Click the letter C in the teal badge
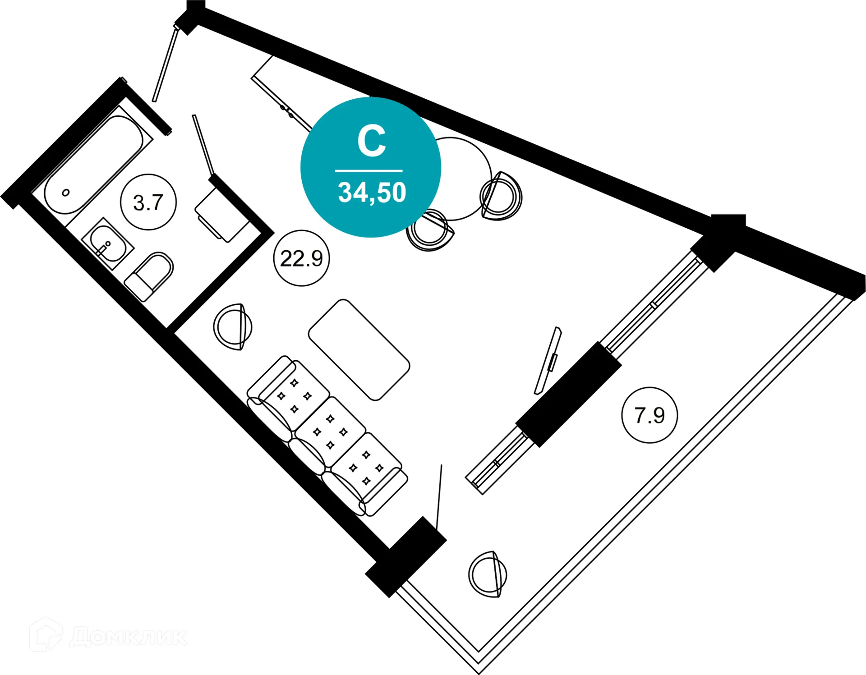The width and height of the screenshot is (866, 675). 371,141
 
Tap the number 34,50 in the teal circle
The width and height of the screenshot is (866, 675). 372,193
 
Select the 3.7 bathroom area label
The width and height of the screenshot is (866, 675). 148,202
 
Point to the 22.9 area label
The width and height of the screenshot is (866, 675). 301,258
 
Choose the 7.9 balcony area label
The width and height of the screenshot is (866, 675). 649,415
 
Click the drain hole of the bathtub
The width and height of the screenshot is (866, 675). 66,193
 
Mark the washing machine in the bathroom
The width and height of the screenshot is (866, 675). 222,216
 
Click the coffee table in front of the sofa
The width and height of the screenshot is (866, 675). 359,350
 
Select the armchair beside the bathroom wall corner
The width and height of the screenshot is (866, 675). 233,327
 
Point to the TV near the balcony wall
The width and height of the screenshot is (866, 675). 548,361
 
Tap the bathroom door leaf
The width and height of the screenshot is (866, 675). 203,144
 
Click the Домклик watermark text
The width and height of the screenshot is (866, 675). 128,637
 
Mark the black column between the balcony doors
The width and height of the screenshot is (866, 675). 568,394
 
